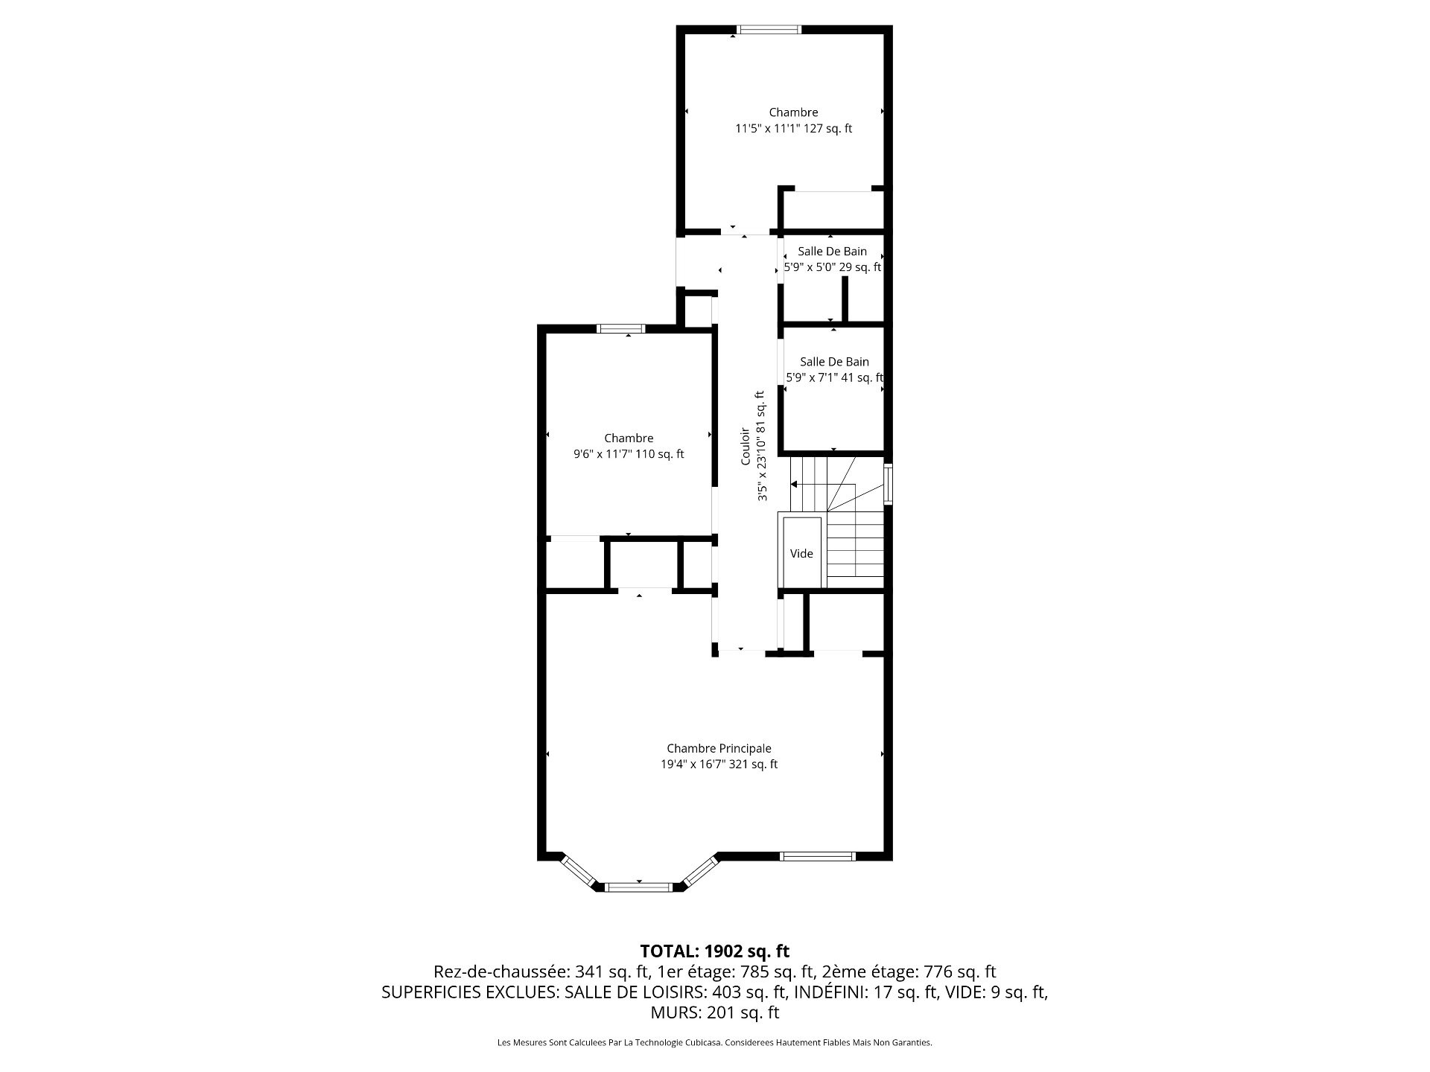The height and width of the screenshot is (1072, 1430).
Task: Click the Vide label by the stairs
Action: pos(801,553)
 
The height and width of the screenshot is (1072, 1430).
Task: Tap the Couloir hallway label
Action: pos(745,446)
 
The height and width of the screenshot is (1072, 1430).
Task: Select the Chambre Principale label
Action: pos(719,748)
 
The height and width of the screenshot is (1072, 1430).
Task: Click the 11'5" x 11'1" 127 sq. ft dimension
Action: pos(793,128)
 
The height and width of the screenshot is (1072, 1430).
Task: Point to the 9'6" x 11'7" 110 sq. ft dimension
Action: pos(629,454)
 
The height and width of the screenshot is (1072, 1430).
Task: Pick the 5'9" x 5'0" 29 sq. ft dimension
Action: pos(833,267)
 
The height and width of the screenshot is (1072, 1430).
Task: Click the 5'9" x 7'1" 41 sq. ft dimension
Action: pos(835,377)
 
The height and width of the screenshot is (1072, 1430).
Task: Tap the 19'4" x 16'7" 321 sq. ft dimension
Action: pos(719,764)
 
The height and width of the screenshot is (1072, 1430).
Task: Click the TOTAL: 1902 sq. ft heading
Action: pos(715,951)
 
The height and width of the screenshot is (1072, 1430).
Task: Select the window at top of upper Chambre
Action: pos(769,30)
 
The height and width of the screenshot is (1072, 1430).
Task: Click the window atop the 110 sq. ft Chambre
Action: pos(621,328)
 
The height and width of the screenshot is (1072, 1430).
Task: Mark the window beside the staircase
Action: pos(888,484)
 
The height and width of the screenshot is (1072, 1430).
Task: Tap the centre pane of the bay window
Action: pos(638,887)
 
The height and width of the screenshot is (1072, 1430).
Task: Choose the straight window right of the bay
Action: pos(817,856)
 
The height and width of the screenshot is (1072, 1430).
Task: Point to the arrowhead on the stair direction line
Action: pos(794,485)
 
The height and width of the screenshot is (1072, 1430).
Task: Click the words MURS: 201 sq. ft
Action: pos(715,1012)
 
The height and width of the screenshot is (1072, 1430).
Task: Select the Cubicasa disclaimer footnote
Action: pos(715,1043)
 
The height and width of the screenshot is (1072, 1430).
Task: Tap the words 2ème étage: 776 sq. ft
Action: pos(909,971)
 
